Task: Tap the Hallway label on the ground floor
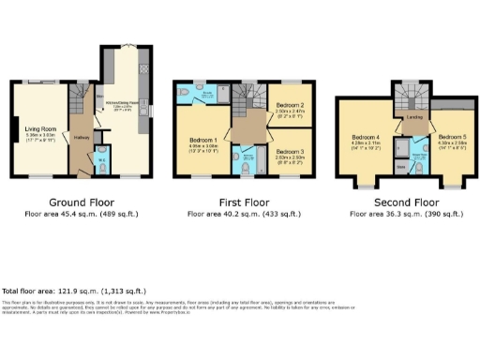pos(81,136)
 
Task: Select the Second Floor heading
pos(401,202)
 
